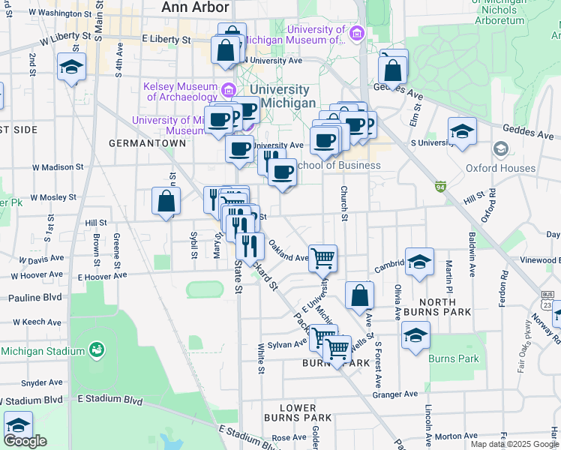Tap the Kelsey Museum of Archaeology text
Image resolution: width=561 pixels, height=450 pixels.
pos(180,91)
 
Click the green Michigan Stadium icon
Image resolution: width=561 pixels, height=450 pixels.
pos(95,349)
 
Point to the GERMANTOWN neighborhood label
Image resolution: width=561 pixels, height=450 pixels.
pos(147,142)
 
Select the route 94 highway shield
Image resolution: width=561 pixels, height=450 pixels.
pos(440,185)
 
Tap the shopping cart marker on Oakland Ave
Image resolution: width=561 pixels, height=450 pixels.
pos(322,258)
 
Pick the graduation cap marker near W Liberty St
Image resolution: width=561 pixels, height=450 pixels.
pos(71,67)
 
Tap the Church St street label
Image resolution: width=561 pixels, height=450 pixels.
pos(344,204)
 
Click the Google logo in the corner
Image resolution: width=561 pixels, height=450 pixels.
pos(25,441)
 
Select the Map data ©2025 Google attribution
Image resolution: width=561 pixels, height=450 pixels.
pos(514,444)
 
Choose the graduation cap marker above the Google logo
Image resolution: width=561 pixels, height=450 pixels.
pos(18,424)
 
